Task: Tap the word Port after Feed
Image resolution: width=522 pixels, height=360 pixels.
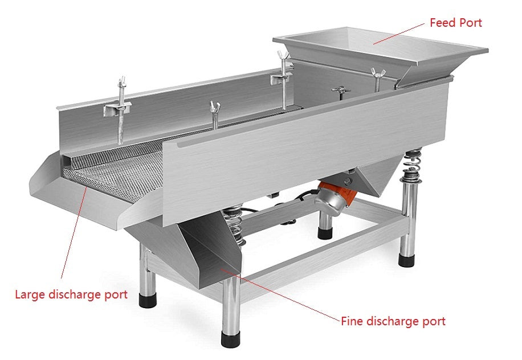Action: coord(470,23)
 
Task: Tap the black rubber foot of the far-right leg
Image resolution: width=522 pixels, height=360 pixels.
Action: coord(406,261)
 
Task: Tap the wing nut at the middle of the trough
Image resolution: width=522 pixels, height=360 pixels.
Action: coord(215,107)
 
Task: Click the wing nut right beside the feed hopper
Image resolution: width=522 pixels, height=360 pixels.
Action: coord(376,73)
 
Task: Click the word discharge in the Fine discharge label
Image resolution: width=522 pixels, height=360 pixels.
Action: coord(394,321)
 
